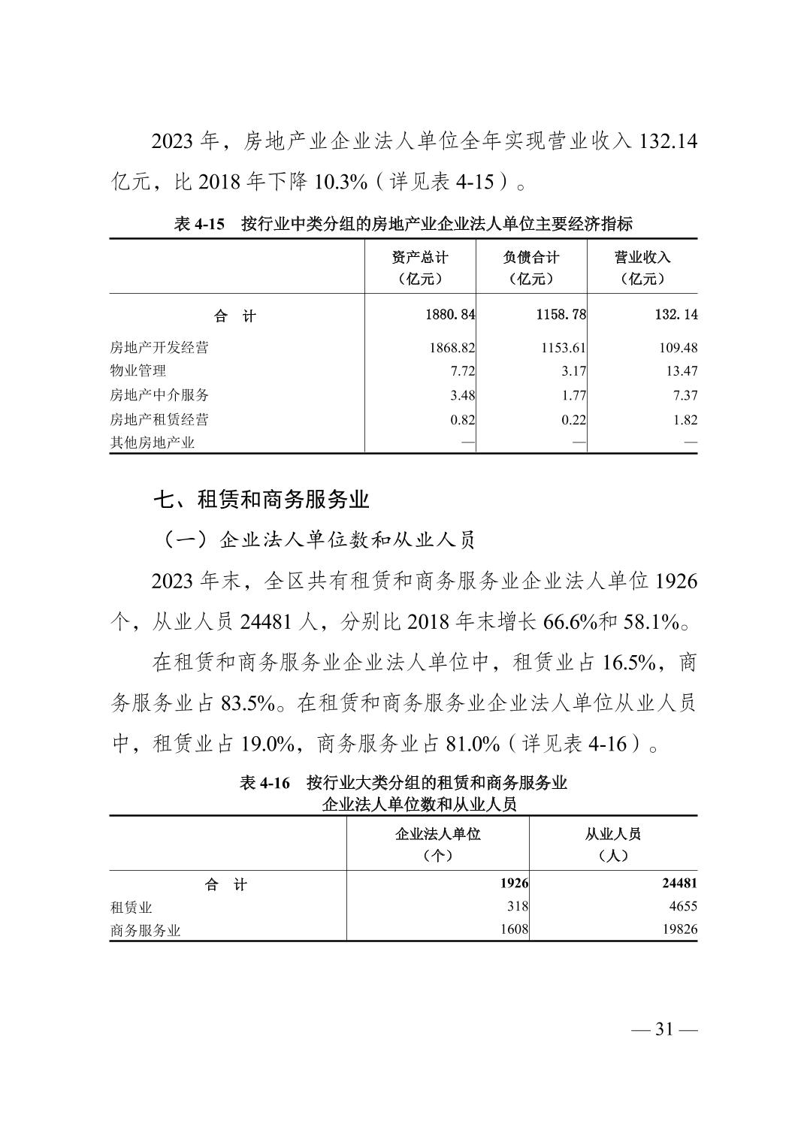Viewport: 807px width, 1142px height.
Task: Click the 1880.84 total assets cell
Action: click(450, 315)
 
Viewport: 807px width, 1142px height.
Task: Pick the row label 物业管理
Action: click(138, 371)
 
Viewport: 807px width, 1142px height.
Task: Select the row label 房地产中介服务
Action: click(159, 395)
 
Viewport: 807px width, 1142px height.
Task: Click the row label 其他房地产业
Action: click(153, 443)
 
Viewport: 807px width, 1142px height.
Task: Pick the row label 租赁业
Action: click(131, 908)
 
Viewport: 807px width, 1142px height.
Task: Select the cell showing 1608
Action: click(515, 929)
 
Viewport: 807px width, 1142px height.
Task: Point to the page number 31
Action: click(663, 1029)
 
